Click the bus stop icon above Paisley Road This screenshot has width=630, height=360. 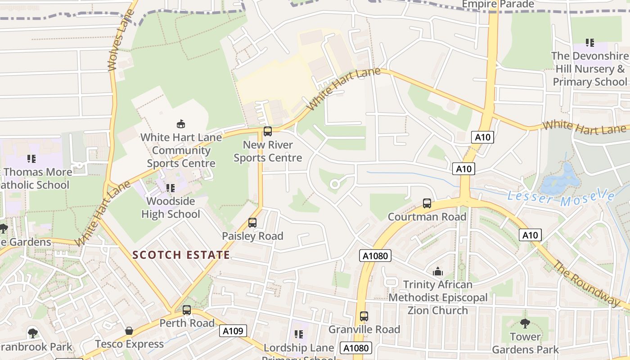click(252, 222)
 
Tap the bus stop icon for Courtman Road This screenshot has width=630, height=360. click(427, 203)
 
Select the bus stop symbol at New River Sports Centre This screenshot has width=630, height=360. click(268, 131)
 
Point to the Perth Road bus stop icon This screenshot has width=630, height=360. click(187, 310)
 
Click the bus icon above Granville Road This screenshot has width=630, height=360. click(364, 316)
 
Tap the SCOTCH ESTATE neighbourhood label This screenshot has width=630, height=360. click(181, 255)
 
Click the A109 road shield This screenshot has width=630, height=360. click(233, 331)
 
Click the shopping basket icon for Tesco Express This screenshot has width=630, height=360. click(129, 331)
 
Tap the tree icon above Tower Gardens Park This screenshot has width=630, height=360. click(525, 323)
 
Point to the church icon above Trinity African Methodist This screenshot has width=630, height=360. click(437, 271)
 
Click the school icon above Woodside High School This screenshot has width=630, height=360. click(171, 188)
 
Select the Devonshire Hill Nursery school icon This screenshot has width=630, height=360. click(589, 43)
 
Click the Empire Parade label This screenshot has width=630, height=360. click(498, 4)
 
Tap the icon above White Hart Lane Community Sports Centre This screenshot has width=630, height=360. click(181, 124)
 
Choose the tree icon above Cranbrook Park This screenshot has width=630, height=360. click(32, 333)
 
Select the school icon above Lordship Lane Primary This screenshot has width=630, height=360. click(299, 334)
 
